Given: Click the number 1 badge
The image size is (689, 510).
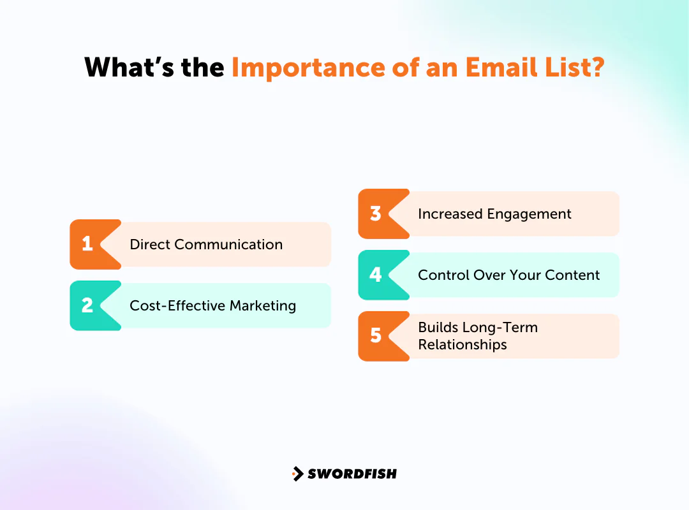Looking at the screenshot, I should (x=87, y=244).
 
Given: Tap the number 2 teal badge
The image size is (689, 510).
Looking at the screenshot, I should (x=87, y=305).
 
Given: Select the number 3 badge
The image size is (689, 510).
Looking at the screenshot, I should (x=376, y=214).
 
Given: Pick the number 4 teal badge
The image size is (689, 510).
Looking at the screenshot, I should (x=376, y=275).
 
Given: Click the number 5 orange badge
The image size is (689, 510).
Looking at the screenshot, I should (x=376, y=336).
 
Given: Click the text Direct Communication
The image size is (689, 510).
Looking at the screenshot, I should (x=205, y=244).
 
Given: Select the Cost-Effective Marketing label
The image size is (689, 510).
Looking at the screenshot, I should (x=212, y=305).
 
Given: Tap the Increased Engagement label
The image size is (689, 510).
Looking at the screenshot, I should (x=494, y=214).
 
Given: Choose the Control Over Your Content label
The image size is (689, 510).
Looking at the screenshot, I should (x=508, y=275).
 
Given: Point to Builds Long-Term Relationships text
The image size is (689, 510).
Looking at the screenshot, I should (x=477, y=336).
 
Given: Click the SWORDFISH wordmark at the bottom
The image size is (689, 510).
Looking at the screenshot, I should (x=352, y=474).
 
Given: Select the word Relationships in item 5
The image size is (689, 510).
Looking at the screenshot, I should (x=462, y=345).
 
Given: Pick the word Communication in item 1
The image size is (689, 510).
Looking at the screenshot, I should (x=228, y=244).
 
